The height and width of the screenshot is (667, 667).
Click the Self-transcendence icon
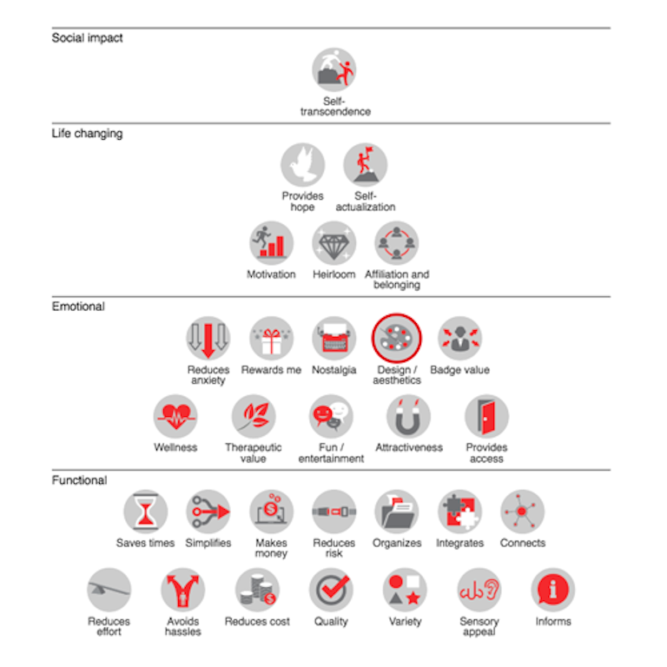click(333, 69)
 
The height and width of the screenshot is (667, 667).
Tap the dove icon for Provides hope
click(302, 165)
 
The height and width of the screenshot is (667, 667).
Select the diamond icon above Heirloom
click(333, 243)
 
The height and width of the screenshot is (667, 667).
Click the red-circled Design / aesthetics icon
click(396, 338)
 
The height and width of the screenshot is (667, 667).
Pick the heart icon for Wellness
click(175, 416)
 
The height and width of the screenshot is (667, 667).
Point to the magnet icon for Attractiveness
click(408, 416)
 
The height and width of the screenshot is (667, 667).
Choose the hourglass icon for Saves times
click(146, 512)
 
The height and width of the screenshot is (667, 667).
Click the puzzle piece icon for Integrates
click(459, 512)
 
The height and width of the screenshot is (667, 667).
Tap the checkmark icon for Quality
click(331, 590)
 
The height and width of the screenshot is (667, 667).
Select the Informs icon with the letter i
click(552, 590)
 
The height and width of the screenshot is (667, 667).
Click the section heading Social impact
click(87, 38)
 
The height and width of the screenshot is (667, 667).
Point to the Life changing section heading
click(87, 134)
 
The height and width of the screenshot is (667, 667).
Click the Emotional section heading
click(78, 307)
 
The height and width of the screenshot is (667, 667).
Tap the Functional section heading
click(80, 480)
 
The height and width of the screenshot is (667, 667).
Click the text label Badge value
click(459, 370)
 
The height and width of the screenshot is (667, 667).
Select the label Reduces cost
click(257, 622)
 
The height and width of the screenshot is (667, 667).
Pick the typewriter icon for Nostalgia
click(333, 338)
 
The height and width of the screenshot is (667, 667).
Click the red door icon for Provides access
click(486, 416)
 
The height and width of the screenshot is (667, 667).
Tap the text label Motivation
click(271, 274)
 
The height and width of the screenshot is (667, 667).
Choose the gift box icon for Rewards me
click(271, 338)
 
